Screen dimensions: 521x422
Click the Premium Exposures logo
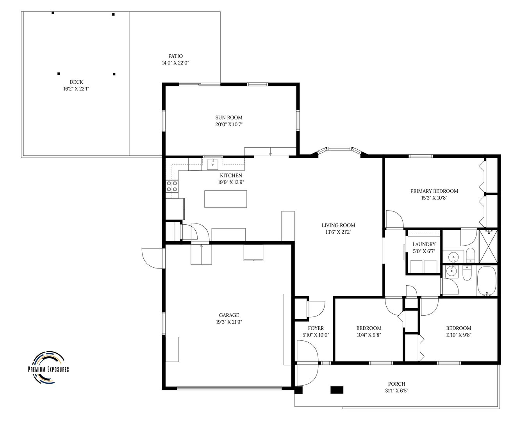(48, 368)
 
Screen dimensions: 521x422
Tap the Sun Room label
(229, 118)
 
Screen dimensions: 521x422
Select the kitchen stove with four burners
(172, 186)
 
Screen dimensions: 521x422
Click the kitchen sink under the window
(212, 164)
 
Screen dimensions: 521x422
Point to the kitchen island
(225, 199)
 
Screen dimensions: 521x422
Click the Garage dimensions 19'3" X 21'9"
(229, 322)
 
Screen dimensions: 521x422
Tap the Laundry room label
(424, 244)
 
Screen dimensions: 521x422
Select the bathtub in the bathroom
(487, 281)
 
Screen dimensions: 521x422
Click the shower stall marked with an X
(488, 246)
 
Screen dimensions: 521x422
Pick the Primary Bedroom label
(434, 191)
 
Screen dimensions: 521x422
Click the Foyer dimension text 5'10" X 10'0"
(316, 335)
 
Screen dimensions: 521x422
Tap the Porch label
(397, 384)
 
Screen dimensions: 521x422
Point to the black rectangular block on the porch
(337, 390)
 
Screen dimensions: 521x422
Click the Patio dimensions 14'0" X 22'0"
(176, 63)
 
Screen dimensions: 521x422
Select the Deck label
(76, 82)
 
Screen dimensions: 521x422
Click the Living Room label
(338, 225)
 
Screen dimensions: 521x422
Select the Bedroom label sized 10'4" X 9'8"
(369, 328)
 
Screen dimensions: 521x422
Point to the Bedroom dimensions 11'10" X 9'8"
(459, 335)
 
